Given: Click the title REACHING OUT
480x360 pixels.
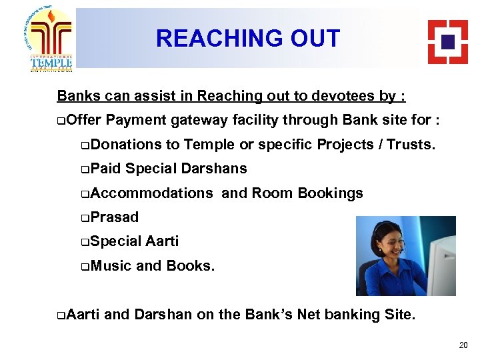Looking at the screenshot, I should tap(248, 39).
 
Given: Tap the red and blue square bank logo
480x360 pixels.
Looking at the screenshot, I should tap(447, 41).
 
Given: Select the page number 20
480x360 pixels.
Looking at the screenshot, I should tap(463, 345).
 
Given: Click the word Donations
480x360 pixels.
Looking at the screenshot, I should tap(126, 144).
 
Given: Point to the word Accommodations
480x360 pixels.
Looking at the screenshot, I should tap(151, 193).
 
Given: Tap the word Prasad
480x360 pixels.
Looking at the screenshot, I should tap(114, 217).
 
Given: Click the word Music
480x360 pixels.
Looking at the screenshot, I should tap(111, 265).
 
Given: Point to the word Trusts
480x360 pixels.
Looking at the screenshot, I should tap(411, 144).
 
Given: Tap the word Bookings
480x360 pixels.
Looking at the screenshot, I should tap(330, 193).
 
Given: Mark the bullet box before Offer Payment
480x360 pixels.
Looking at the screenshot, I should tap(61, 121).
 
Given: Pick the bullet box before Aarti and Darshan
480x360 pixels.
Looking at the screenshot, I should tap(61, 315).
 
